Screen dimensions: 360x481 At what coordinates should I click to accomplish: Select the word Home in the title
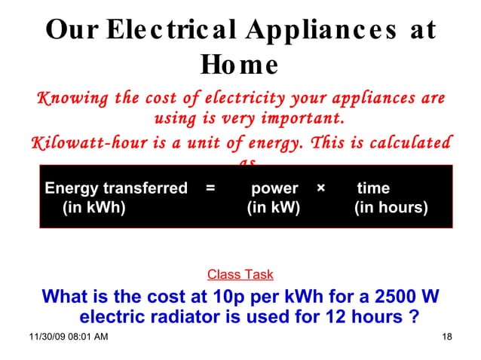[x=240, y=66]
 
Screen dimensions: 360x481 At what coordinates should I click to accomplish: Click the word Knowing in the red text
[x=69, y=99]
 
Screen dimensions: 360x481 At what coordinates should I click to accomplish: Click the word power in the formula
[x=274, y=188]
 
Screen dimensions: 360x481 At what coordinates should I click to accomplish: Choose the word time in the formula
[x=373, y=188]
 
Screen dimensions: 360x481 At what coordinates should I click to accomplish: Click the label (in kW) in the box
[x=273, y=207]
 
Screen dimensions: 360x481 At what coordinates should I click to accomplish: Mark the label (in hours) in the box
[x=391, y=207]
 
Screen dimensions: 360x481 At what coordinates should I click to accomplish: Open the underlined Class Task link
[x=240, y=275]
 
